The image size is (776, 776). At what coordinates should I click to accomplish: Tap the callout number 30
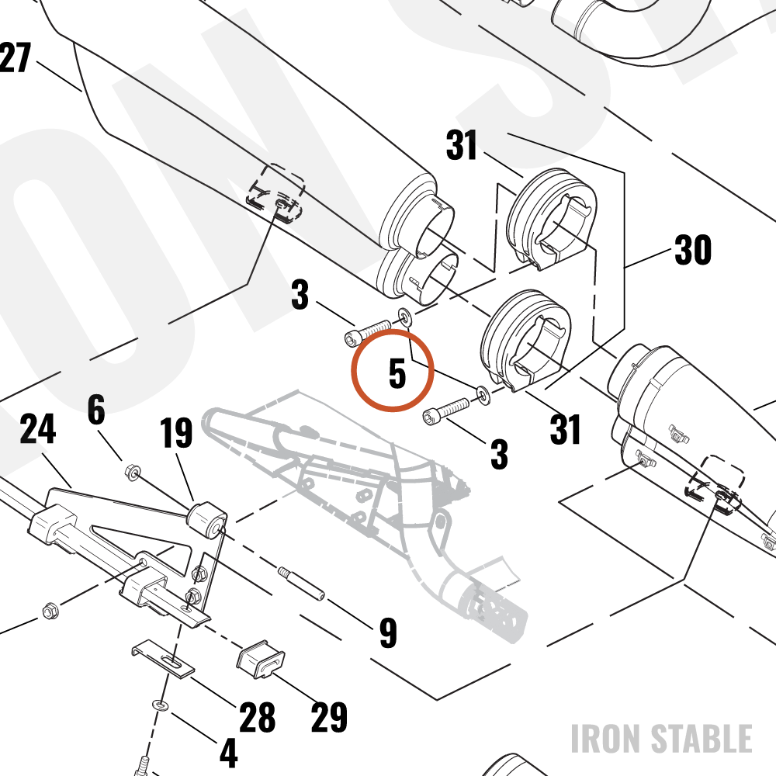[693, 249]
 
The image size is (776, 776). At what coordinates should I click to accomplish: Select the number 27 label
[15, 57]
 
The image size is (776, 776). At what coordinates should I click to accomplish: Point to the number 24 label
[37, 429]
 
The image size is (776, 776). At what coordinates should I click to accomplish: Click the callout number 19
[176, 432]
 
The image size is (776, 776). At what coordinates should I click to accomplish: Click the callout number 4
[228, 753]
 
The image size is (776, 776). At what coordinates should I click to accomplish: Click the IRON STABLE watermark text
[662, 739]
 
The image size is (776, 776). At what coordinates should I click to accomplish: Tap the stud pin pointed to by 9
[301, 584]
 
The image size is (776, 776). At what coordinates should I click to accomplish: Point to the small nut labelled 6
[133, 472]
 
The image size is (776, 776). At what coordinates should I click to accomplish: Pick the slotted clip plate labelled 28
[163, 658]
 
